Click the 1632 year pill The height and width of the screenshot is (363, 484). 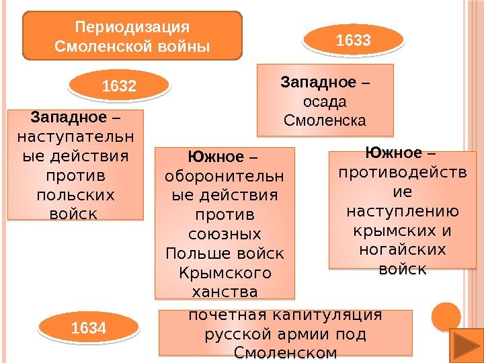[x=119, y=87]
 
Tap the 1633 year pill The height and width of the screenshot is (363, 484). [x=354, y=42]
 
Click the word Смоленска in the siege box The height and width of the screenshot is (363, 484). [x=325, y=121]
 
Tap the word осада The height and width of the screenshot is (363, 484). [x=325, y=102]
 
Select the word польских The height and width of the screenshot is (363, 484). [x=75, y=195]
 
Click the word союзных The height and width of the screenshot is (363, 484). [x=225, y=235]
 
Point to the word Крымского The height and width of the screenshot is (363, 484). [x=225, y=274]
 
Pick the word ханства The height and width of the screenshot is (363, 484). [x=225, y=292]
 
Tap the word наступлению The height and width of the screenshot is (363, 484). [x=402, y=212]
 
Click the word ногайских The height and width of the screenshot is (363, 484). [x=402, y=249]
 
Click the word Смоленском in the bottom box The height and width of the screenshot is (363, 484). [x=286, y=353]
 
